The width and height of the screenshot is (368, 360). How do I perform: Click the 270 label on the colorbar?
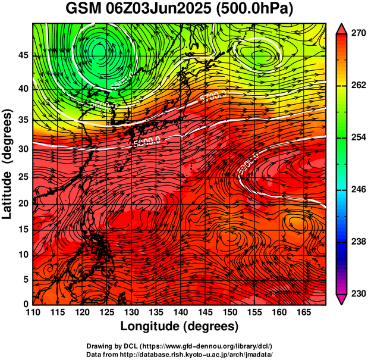pyautogui.click(x=357, y=34)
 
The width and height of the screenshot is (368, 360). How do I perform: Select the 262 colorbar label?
pyautogui.click(x=357, y=86)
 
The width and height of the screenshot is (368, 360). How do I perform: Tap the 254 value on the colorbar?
pyautogui.click(x=357, y=137)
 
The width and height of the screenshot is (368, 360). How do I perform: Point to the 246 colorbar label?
pyautogui.click(x=357, y=189)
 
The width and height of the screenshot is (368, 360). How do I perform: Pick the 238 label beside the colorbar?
pyautogui.click(x=357, y=242)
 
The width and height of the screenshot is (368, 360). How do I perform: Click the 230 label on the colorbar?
pyautogui.click(x=357, y=293)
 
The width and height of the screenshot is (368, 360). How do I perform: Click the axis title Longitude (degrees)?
pyautogui.click(x=180, y=326)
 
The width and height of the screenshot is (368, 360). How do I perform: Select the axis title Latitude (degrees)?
pyautogui.click(x=8, y=164)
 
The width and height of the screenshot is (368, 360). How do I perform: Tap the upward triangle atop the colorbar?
pyautogui.click(x=342, y=27)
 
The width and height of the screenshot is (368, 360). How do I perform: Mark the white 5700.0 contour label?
pyautogui.click(x=213, y=95)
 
